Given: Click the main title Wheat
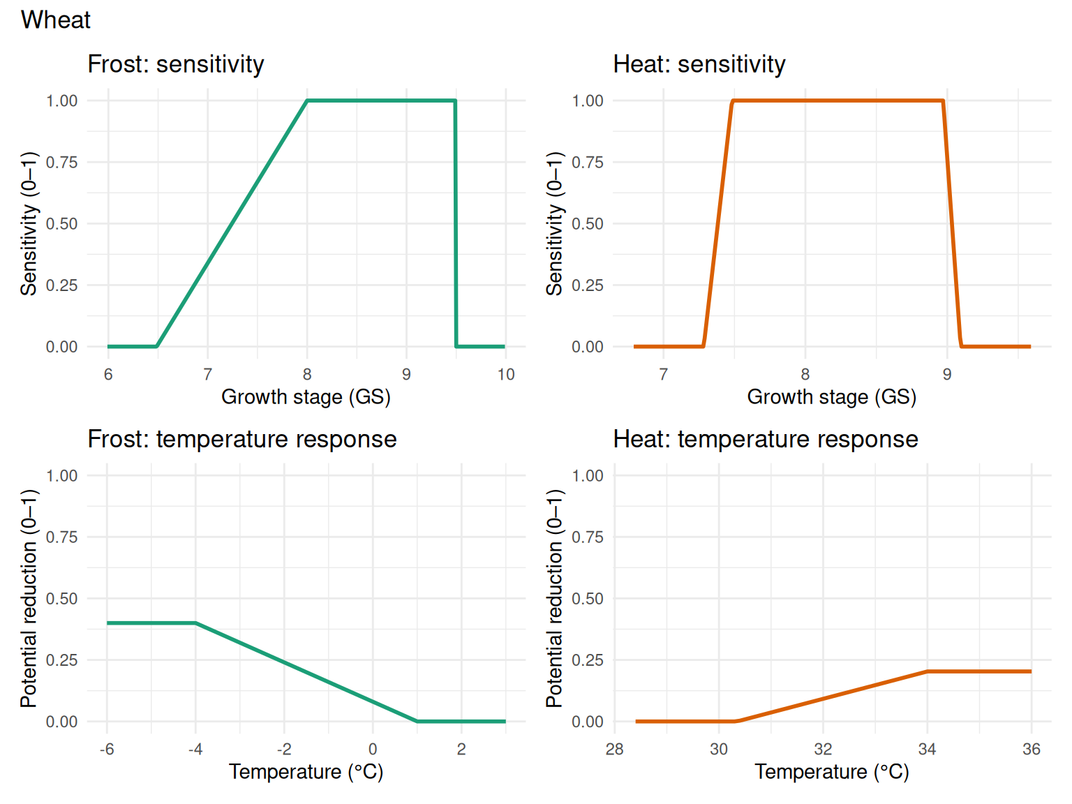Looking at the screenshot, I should pyautogui.click(x=56, y=20).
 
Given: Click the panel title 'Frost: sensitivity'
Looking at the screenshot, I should pyautogui.click(x=176, y=64).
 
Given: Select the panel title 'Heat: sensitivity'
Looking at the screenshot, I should pyautogui.click(x=699, y=64).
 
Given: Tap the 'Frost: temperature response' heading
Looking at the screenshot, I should pyautogui.click(x=242, y=439).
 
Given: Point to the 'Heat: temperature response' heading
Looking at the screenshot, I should pyautogui.click(x=766, y=439).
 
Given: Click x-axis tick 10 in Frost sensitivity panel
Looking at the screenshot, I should pyautogui.click(x=506, y=375).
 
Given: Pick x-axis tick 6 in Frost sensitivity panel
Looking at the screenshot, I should pyautogui.click(x=108, y=375).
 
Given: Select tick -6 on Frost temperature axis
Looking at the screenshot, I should pyautogui.click(x=107, y=750).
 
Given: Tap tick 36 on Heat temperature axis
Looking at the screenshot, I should pyautogui.click(x=1032, y=750).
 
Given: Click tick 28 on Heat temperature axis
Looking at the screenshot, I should pyautogui.click(x=615, y=750).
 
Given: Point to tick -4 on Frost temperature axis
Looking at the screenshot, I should pyautogui.click(x=195, y=750).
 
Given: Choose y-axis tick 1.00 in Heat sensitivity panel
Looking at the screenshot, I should pyautogui.click(x=588, y=101).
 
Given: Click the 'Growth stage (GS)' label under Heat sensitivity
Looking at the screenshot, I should pyautogui.click(x=831, y=397).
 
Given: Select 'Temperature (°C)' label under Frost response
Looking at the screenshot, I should pyautogui.click(x=306, y=772).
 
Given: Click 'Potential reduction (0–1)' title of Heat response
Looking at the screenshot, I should pyautogui.click(x=554, y=598).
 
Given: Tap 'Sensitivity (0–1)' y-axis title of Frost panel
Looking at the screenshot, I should pyautogui.click(x=29, y=223).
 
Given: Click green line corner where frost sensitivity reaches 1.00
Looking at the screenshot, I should pyautogui.click(x=307, y=100).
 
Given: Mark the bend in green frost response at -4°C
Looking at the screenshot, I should pyautogui.click(x=195, y=623).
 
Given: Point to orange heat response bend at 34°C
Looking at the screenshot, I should pyautogui.click(x=927, y=671).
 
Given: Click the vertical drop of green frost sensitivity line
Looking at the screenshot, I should pyautogui.click(x=456, y=223).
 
